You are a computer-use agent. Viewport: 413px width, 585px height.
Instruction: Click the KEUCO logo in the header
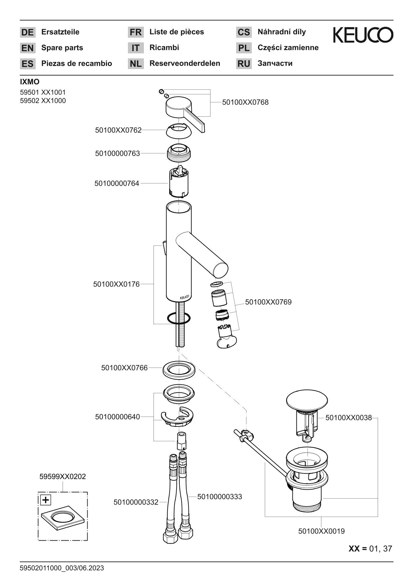(x=363, y=35)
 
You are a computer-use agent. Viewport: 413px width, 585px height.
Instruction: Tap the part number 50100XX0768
(x=245, y=102)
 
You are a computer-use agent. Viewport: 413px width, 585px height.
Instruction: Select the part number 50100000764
(x=117, y=183)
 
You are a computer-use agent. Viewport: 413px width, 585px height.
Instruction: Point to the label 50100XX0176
(x=116, y=284)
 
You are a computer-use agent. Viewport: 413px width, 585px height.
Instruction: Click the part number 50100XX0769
(x=268, y=302)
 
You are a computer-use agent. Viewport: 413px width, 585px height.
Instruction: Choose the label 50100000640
(x=118, y=417)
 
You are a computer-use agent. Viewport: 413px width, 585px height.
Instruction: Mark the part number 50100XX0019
(x=321, y=531)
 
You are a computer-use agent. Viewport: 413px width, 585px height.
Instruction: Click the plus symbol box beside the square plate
(x=46, y=500)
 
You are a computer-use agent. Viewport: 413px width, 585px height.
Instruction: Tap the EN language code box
(x=27, y=48)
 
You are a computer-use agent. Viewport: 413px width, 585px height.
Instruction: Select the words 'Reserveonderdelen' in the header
(x=185, y=63)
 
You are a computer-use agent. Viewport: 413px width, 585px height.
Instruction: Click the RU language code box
(x=244, y=64)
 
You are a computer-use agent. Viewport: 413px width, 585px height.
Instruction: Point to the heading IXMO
(x=30, y=82)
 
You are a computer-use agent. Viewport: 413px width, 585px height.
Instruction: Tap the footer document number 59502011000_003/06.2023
(x=62, y=568)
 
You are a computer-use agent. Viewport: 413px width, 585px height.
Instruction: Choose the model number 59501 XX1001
(x=43, y=92)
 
